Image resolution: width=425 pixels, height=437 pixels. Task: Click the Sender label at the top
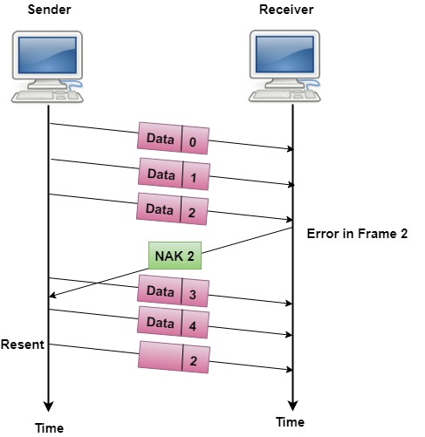[x=49, y=10]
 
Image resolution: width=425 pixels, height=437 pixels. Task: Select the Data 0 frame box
[x=173, y=139]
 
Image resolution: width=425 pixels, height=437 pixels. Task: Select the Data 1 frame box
[x=173, y=174]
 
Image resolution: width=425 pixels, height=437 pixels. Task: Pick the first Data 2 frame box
[x=173, y=209]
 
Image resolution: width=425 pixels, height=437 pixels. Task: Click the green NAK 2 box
[x=175, y=256]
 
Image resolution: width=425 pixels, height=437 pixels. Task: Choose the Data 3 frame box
[x=173, y=291]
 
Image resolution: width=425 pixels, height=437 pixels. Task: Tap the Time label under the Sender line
[x=49, y=427]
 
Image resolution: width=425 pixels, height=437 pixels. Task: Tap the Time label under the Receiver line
[x=291, y=421]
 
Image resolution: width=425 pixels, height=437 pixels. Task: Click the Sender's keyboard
[x=44, y=96]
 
